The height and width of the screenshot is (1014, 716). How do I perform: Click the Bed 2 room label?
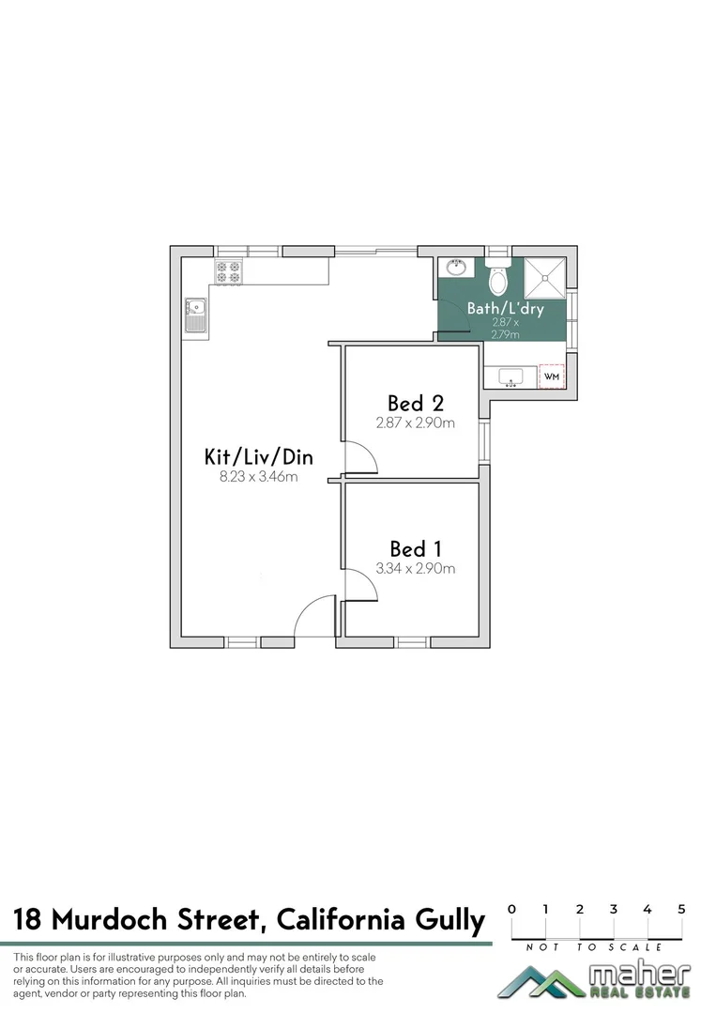416,404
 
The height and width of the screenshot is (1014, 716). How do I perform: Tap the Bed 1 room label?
416,548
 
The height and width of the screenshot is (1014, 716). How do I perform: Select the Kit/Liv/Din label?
259,457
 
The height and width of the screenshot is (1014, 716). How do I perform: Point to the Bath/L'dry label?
506,308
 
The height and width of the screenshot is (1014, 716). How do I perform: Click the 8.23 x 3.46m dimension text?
259,477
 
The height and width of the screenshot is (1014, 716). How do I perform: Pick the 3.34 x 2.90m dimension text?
416,568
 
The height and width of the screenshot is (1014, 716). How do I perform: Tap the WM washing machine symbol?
552,376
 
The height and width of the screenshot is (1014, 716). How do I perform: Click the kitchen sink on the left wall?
195,315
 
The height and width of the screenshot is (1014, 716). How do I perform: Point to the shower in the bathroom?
545,275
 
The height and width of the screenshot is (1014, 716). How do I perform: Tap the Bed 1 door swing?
360,585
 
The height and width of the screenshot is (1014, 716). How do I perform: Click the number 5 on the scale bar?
681,909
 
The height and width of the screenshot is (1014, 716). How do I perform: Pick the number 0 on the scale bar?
511,909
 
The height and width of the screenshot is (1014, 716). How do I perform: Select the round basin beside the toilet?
458,268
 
